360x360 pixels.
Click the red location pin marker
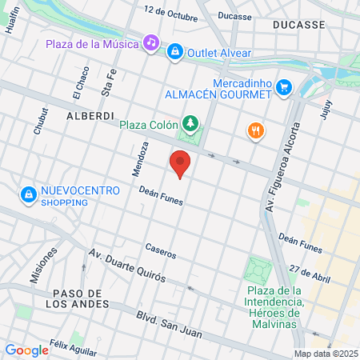pos(180,164)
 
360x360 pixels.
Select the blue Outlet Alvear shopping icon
pos(174,53)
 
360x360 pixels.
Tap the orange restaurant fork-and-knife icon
pos(254,130)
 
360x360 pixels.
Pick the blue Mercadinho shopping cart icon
pos(282,87)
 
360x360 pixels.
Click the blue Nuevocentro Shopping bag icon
pos(28,194)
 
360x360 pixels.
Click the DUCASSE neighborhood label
pos(298,25)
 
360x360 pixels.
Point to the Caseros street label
pos(161,250)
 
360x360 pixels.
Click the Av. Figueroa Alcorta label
pos(280,167)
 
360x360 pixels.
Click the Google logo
pos(26,350)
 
